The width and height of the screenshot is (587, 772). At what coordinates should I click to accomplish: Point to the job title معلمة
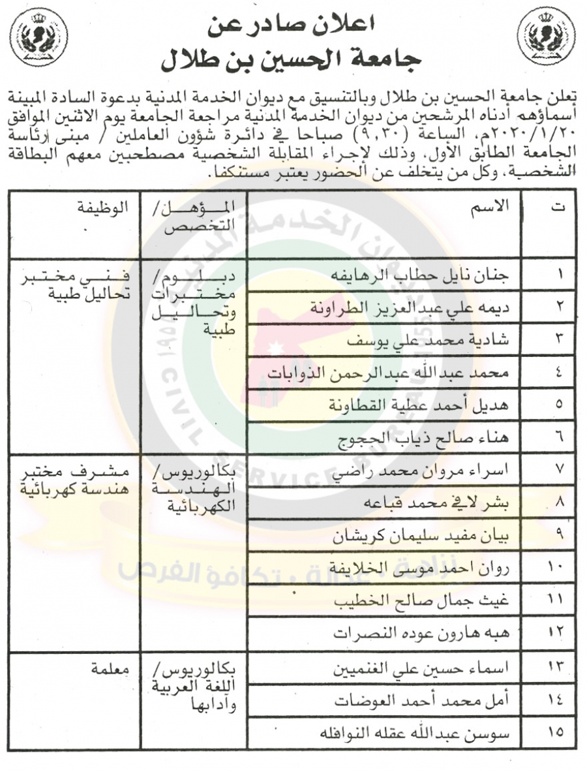pos(109,669)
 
